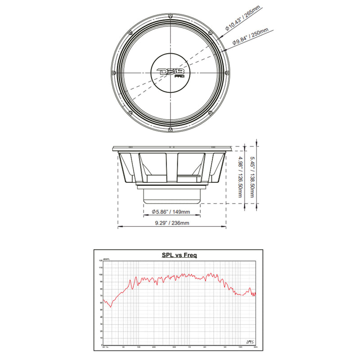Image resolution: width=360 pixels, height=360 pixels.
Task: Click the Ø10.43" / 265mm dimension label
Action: coord(239,20)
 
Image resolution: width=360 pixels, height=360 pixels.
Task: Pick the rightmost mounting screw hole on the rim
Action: coord(229,72)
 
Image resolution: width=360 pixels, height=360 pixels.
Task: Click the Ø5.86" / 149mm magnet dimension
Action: coord(171,211)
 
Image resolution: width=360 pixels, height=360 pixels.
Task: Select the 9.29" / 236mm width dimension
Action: coord(171,223)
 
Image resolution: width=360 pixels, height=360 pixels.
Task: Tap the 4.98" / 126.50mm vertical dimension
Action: coord(242,176)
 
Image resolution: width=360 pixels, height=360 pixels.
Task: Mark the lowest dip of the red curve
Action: coord(111,306)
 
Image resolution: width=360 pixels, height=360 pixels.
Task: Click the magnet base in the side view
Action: coord(171,195)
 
